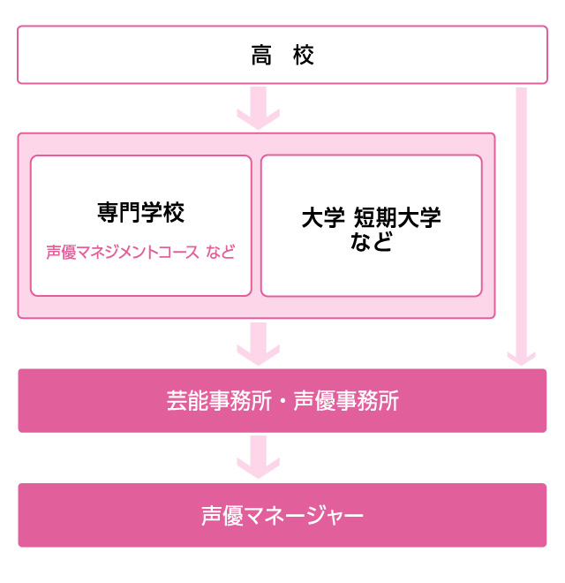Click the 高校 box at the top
(x=282, y=55)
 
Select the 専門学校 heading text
(x=141, y=213)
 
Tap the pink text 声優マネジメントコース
(x=123, y=252)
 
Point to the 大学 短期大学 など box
(x=371, y=226)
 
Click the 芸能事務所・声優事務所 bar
(x=282, y=401)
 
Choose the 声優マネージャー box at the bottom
(x=282, y=515)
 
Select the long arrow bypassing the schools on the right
(x=522, y=221)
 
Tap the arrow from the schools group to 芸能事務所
(x=258, y=343)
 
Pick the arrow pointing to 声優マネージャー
(x=258, y=457)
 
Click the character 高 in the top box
(x=261, y=57)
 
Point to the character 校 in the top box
(x=304, y=57)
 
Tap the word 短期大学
(x=397, y=218)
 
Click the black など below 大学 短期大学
(x=371, y=241)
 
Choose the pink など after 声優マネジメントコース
(x=221, y=252)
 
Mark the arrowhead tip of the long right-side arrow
(x=522, y=361)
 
